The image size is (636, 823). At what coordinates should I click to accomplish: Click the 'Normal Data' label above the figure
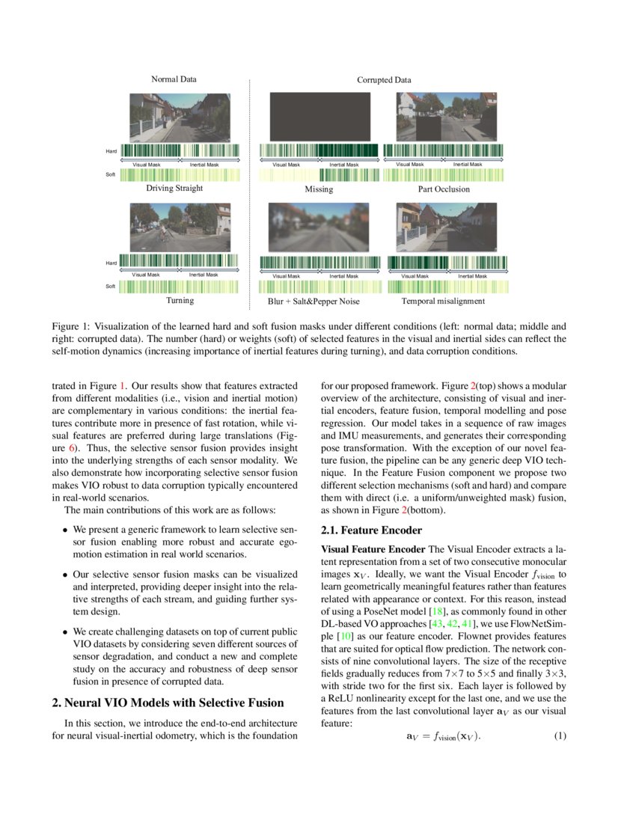(x=174, y=79)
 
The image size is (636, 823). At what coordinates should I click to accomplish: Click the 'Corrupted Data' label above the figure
(x=383, y=80)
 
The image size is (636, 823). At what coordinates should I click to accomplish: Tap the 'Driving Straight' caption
(x=174, y=189)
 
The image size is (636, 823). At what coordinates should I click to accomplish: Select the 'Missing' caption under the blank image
(x=319, y=189)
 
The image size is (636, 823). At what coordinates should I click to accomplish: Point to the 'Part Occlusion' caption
(x=444, y=189)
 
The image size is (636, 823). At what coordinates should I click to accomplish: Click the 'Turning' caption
(x=180, y=300)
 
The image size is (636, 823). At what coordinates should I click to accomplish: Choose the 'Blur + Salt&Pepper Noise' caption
(x=314, y=301)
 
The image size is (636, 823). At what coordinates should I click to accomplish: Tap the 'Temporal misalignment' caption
(x=443, y=301)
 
